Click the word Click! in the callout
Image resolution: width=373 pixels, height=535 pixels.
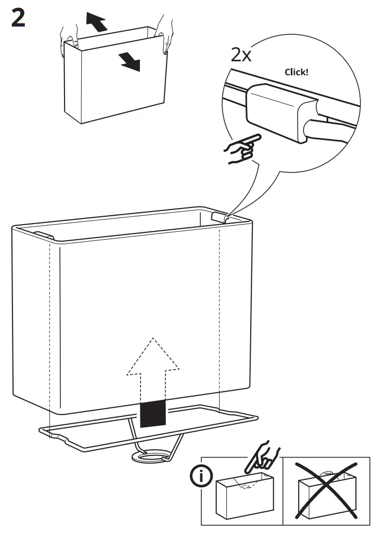(296, 72)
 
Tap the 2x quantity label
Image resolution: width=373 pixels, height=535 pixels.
(241, 55)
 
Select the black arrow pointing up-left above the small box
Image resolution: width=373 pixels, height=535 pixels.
(96, 22)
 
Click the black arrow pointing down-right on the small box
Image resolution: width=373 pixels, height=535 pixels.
(130, 61)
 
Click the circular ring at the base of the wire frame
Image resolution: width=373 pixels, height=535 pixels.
(151, 457)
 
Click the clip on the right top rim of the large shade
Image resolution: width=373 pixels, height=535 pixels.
(220, 217)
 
